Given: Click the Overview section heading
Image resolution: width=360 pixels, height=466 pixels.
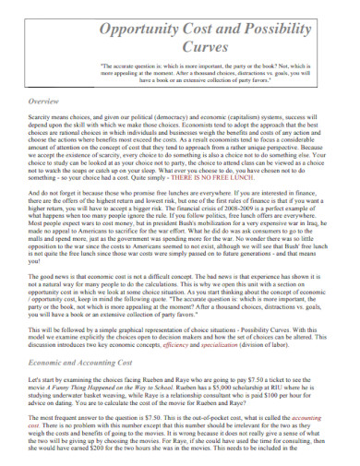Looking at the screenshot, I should (x=45, y=100).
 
